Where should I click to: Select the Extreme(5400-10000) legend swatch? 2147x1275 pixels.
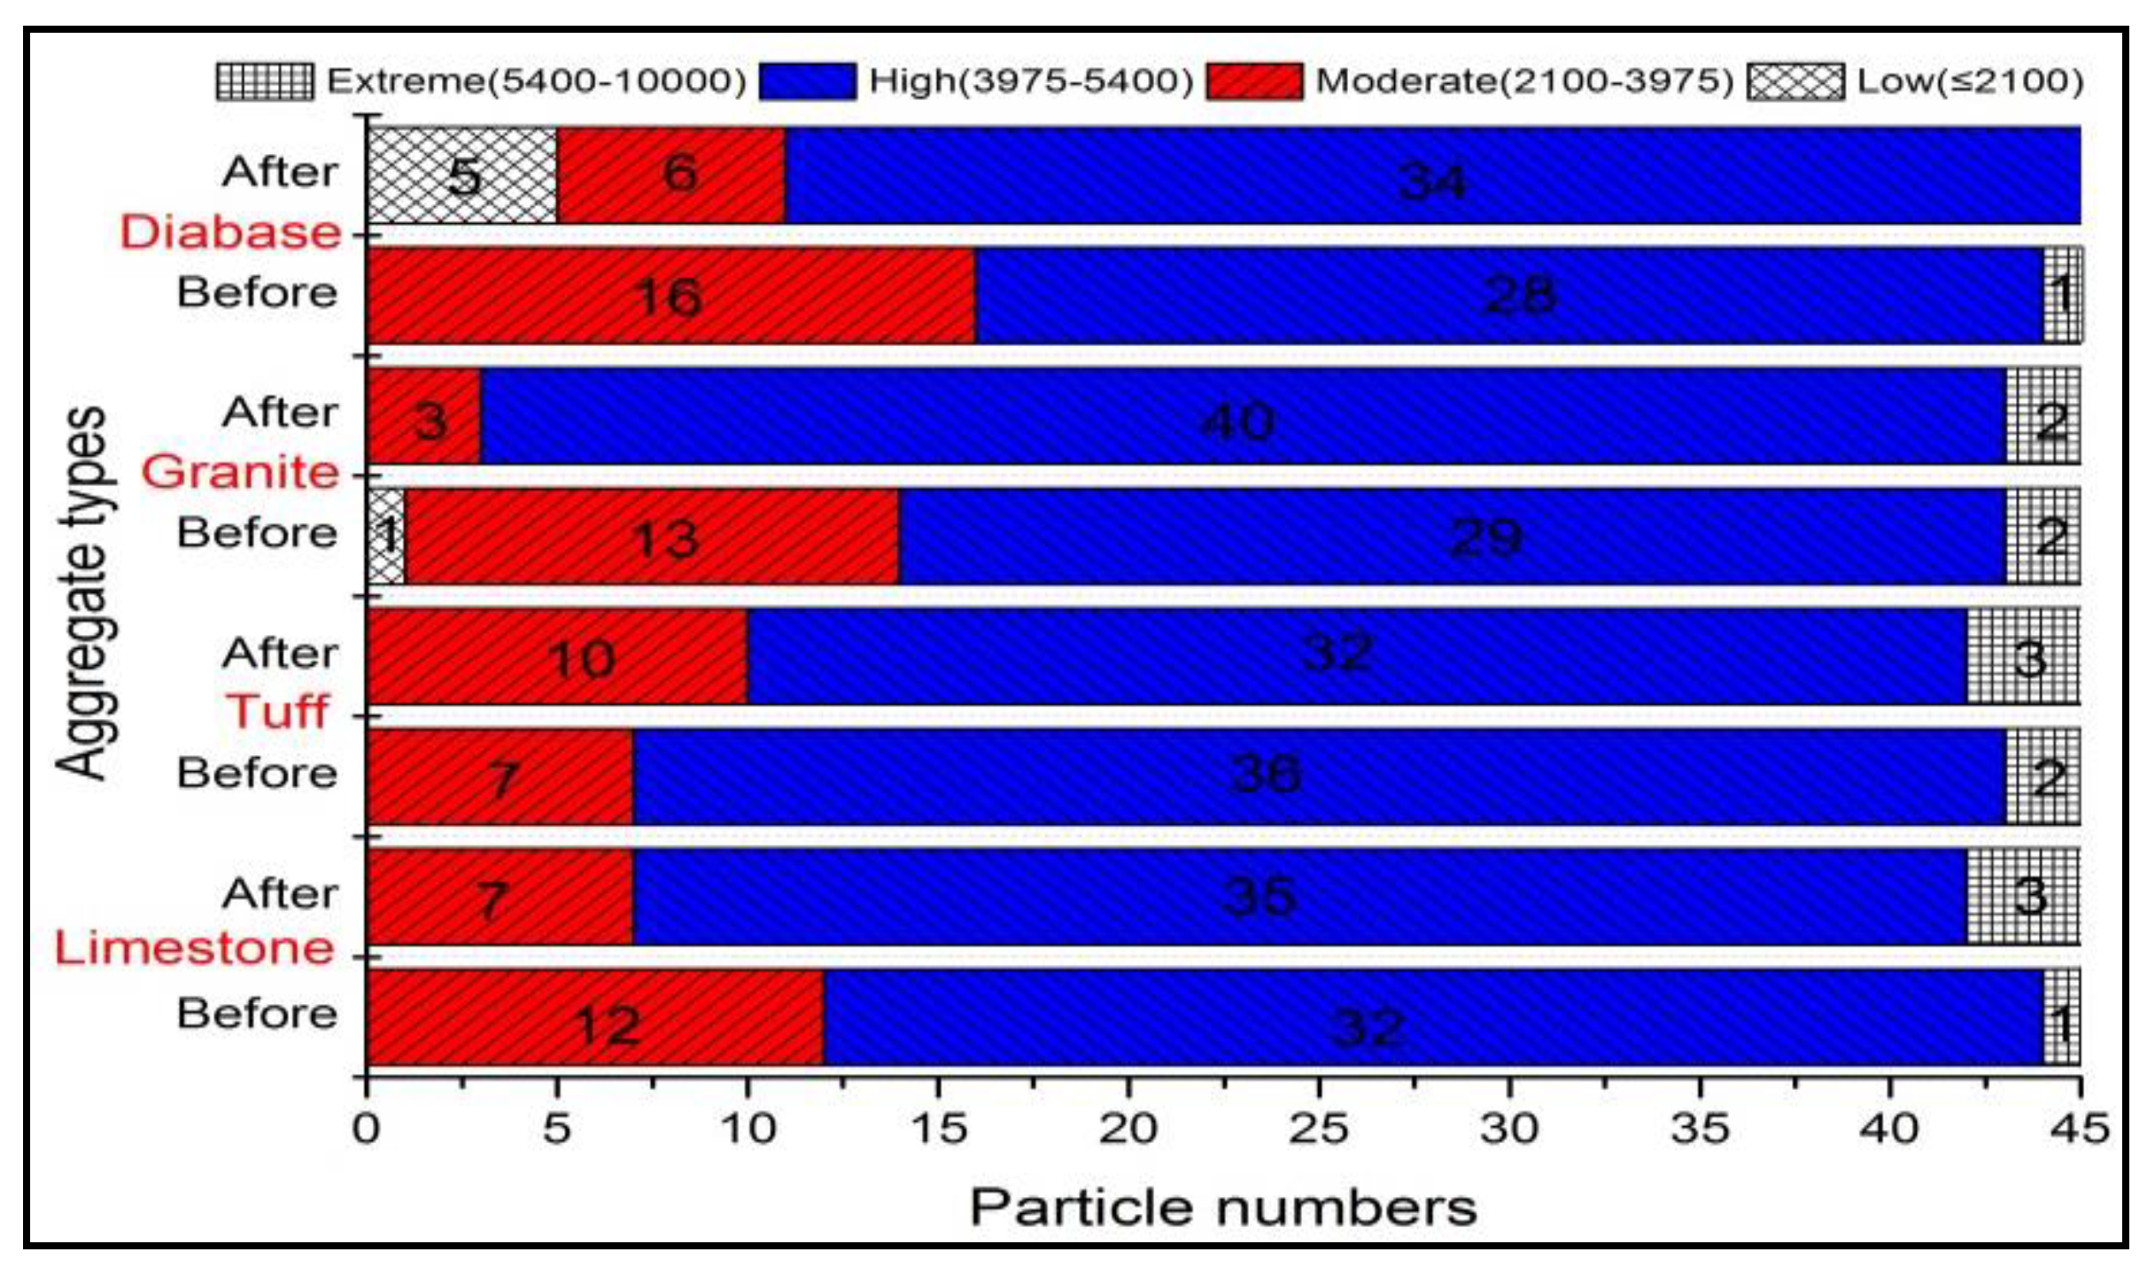pos(264,81)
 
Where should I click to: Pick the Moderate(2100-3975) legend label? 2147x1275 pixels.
pos(1523,81)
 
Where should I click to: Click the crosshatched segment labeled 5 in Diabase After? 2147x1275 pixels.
pos(462,175)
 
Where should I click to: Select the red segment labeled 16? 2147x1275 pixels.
pos(670,296)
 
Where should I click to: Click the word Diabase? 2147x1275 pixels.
pos(230,233)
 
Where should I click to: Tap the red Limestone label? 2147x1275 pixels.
pos(195,948)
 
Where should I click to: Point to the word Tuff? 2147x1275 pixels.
pos(276,711)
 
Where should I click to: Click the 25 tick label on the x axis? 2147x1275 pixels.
pos(1318,1129)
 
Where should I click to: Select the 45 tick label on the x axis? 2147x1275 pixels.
pos(2080,1129)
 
